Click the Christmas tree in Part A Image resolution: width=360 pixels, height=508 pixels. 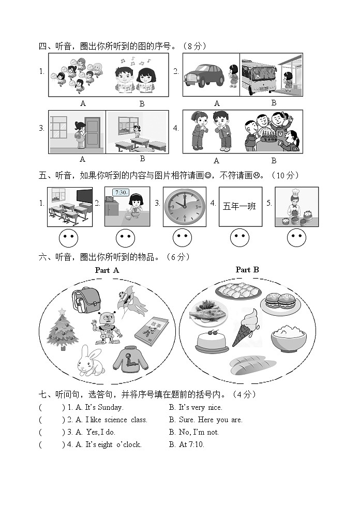(x=63, y=329)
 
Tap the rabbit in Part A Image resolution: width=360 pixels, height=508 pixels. (x=91, y=361)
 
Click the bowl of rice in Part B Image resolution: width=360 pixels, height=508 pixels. (x=289, y=338)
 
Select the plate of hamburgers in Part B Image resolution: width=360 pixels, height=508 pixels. (x=280, y=304)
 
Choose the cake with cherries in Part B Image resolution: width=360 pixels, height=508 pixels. (x=212, y=342)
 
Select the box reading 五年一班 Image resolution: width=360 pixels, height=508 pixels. (x=239, y=207)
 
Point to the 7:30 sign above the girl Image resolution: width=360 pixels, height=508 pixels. (x=121, y=192)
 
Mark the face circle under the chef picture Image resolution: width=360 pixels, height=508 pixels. (x=296, y=238)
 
